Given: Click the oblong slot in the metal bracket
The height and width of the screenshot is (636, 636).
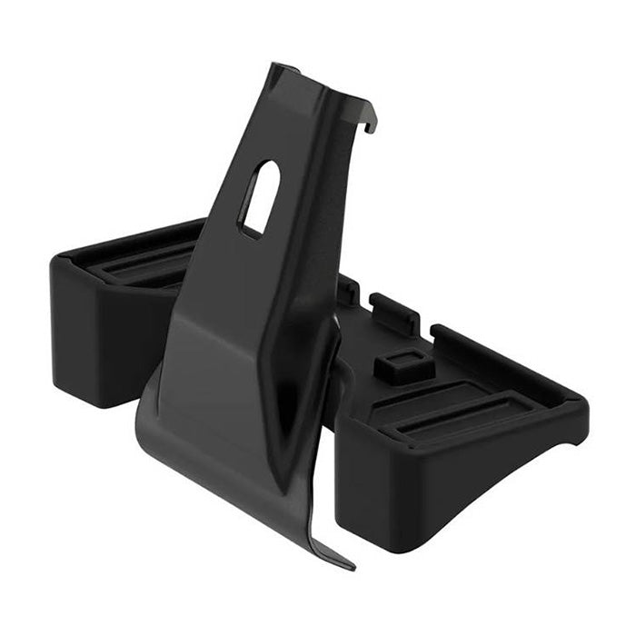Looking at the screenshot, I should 260,198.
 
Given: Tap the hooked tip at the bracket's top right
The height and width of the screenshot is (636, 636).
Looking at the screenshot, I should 371,124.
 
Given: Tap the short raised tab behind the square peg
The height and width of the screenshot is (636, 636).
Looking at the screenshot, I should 393,309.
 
